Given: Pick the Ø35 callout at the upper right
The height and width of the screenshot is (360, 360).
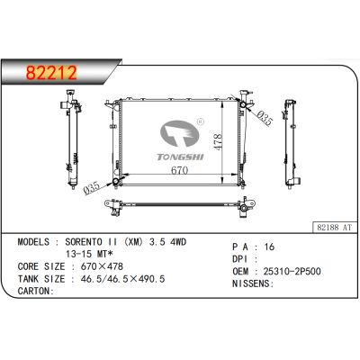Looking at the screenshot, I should click(264, 117).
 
